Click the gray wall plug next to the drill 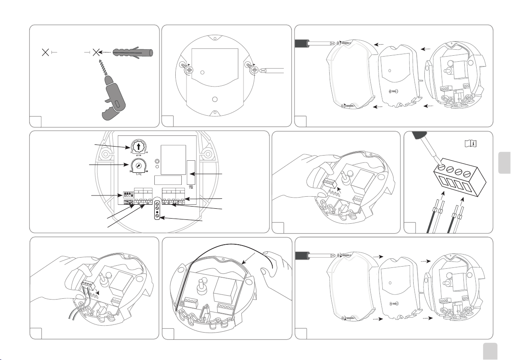click(x=133, y=51)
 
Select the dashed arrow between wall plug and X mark click(x=106, y=51)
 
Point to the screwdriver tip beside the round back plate click(x=267, y=69)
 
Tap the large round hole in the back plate click(x=215, y=99)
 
